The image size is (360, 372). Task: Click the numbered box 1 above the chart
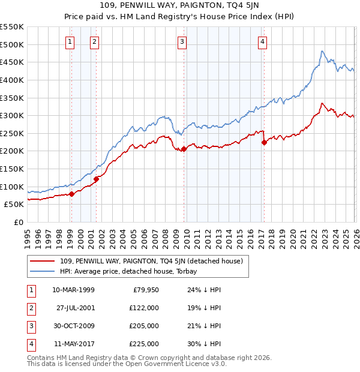coord(70,41)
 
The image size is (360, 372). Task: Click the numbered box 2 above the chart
coord(95,41)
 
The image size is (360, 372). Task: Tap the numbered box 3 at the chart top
coord(182,41)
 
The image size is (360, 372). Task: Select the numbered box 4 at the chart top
coord(263,41)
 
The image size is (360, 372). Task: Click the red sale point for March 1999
coord(71,193)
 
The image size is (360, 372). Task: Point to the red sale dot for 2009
coord(184,149)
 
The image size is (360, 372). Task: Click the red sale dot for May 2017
coord(264,142)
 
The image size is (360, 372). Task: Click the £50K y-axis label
coord(14,204)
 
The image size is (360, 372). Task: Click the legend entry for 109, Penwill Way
coord(151,261)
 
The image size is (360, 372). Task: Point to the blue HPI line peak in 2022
coord(322,52)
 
